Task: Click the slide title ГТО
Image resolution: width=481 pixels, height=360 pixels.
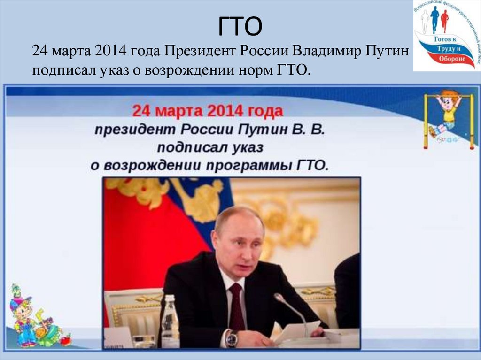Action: click(x=240, y=27)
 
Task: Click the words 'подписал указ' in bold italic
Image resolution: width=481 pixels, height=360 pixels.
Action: click(x=210, y=147)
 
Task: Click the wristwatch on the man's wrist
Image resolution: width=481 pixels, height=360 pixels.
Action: click(x=231, y=338)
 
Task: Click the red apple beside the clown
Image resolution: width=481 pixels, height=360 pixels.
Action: click(x=65, y=339)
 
